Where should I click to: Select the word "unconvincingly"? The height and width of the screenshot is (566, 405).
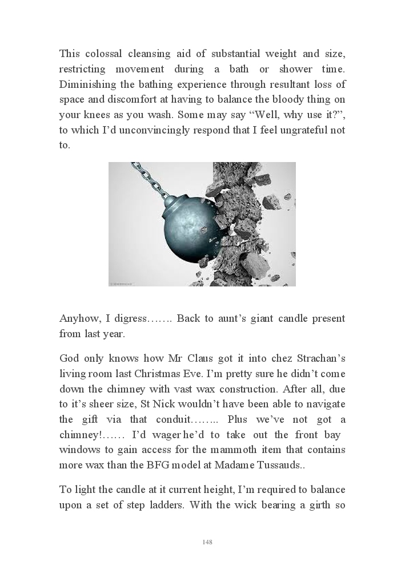pos(134,130)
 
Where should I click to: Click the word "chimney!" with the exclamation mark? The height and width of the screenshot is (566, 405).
pos(79,435)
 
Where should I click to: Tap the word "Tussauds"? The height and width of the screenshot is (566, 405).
pos(279,464)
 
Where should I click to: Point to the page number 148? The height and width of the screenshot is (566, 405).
pos(207,542)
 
